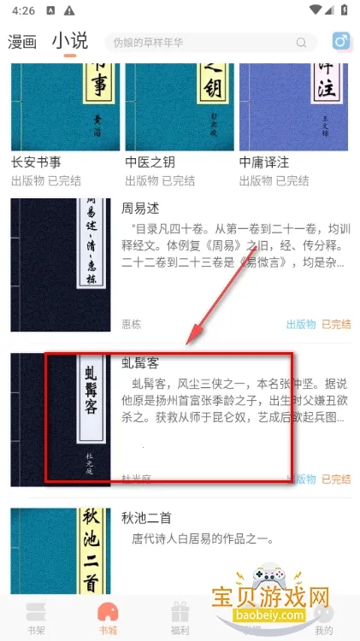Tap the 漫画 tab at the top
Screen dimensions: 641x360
pos(22,41)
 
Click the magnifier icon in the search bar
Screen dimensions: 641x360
pos(301,43)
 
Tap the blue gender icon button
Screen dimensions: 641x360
pos(341,42)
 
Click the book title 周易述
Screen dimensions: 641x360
pos(141,209)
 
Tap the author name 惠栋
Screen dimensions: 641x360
pos(132,324)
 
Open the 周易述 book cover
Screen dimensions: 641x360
pos(62,265)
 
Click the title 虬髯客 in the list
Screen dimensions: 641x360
pos(141,363)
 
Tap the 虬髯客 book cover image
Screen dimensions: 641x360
pos(62,419)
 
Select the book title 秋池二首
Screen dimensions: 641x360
pos(148,517)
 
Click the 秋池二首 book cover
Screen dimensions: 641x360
pos(62,551)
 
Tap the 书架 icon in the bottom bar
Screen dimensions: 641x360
pos(35,614)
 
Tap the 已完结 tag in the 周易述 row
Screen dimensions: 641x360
pos(335,324)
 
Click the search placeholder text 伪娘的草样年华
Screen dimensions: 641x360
pos(147,42)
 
